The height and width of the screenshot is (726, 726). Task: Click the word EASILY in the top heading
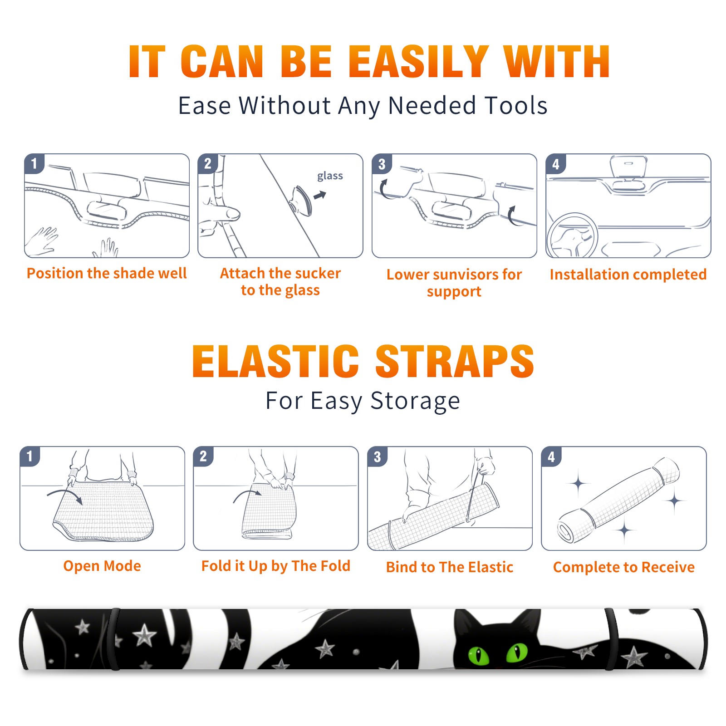coord(418,62)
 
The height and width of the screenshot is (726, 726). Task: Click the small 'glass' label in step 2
coord(330,176)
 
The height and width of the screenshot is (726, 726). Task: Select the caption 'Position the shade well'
coord(107,273)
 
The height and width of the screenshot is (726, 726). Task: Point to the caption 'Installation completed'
coord(628,274)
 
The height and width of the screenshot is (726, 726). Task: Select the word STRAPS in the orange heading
coord(455,361)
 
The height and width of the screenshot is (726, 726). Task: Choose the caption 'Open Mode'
coord(102,566)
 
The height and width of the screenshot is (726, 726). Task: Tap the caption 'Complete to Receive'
coord(623,567)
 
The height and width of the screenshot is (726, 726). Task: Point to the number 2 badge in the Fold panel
coord(203,456)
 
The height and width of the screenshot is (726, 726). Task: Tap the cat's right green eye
coord(517,652)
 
